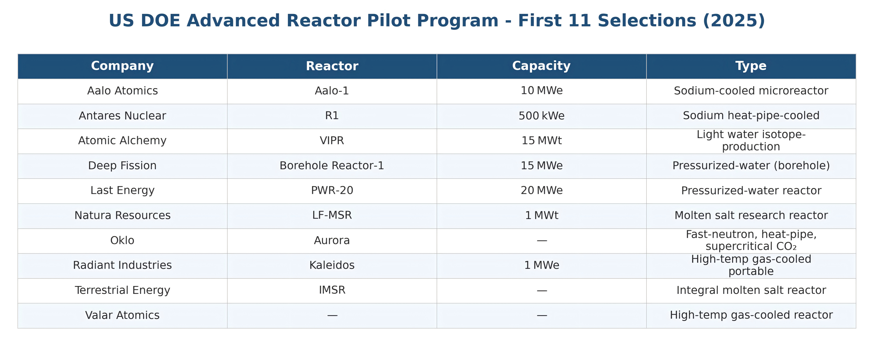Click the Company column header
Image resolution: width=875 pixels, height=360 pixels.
(122, 66)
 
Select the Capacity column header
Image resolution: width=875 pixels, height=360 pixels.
(541, 66)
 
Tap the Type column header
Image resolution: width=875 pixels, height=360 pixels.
(751, 66)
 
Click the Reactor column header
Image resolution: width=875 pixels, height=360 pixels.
(332, 66)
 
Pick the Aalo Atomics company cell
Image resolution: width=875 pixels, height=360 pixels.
(122, 91)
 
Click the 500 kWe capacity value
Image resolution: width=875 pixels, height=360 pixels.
(541, 116)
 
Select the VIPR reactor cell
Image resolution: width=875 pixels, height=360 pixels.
(332, 141)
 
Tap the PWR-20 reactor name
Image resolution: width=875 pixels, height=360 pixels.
(332, 191)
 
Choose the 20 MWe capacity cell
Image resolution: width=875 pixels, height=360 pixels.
(541, 191)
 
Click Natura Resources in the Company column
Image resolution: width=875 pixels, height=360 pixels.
(122, 215)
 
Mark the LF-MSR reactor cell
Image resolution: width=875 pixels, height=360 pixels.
(332, 215)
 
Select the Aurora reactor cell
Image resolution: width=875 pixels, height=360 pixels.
(332, 240)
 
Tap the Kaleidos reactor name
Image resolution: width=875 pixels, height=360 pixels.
(332, 265)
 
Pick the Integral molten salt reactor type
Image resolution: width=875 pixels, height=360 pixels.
(751, 290)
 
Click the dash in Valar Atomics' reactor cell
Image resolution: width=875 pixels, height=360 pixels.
(332, 315)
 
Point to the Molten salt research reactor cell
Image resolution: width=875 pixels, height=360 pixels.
(751, 215)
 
